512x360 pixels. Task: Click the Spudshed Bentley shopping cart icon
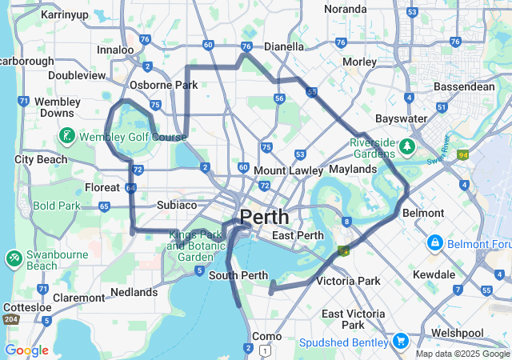pyautogui.click(x=399, y=342)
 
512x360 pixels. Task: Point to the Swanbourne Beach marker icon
pyautogui.click(x=14, y=258)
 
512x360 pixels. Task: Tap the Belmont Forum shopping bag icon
pyautogui.click(x=435, y=241)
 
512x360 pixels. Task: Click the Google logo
pyautogui.click(x=26, y=350)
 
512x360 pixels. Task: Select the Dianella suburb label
pyautogui.click(x=284, y=47)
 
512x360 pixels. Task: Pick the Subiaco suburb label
pyautogui.click(x=177, y=205)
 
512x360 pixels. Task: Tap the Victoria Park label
pyautogui.click(x=349, y=281)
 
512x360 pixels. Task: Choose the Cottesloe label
pyautogui.click(x=27, y=307)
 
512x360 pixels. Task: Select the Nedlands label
pyautogui.click(x=135, y=292)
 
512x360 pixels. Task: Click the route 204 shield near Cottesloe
pyautogui.click(x=11, y=319)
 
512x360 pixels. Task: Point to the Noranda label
pyautogui.click(x=346, y=9)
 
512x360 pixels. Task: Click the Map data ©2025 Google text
pyautogui.click(x=462, y=353)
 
